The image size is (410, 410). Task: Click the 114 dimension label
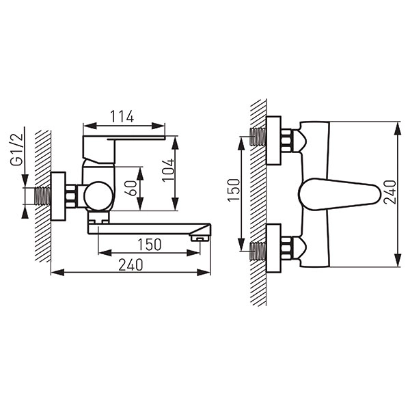[122, 117]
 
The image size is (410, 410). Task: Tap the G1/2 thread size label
[16, 149]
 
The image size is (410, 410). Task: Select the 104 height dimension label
[168, 169]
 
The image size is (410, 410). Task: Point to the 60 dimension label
[133, 188]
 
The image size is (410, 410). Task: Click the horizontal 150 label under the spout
[149, 245]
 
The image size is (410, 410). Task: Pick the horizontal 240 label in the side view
[131, 264]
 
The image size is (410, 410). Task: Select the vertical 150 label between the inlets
[234, 190]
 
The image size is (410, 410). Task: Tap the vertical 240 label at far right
[390, 192]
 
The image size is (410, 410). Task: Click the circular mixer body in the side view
[98, 196]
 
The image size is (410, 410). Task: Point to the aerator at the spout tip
[200, 238]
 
